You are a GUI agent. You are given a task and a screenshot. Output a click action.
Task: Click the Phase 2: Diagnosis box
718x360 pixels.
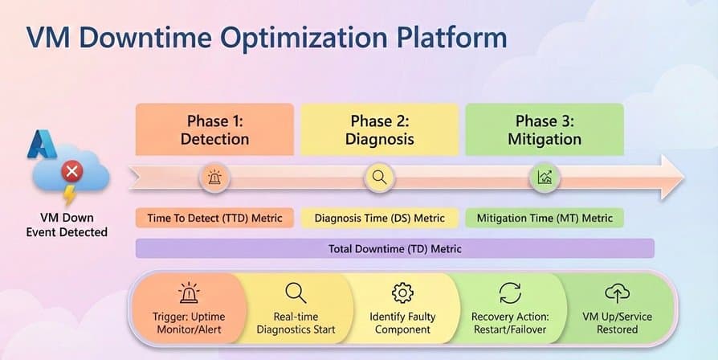pyautogui.click(x=381, y=129)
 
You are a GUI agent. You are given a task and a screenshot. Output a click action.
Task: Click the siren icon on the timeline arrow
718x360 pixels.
pyautogui.click(x=214, y=178)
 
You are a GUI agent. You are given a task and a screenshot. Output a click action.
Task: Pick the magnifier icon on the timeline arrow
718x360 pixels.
pyautogui.click(x=379, y=178)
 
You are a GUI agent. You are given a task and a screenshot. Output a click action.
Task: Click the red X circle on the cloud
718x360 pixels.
pyautogui.click(x=73, y=171)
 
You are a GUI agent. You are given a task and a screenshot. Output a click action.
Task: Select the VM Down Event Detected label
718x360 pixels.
pyautogui.click(x=67, y=225)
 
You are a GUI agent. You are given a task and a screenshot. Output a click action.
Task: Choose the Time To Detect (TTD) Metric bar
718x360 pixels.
pyautogui.click(x=214, y=218)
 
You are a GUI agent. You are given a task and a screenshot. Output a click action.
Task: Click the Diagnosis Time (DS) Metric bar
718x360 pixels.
pyautogui.click(x=379, y=218)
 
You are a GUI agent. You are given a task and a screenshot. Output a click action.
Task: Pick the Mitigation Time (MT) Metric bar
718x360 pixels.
pyautogui.click(x=545, y=218)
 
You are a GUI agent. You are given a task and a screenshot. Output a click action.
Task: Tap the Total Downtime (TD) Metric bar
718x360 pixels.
pyautogui.click(x=395, y=249)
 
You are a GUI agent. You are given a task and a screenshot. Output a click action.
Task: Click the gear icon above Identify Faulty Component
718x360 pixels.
pyautogui.click(x=402, y=292)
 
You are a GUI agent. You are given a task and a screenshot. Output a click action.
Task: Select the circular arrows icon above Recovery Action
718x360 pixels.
pyautogui.click(x=510, y=292)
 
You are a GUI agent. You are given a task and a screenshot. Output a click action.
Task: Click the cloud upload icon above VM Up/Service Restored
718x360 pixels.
pyautogui.click(x=617, y=292)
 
